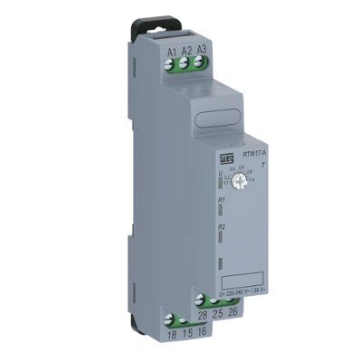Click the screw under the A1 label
coord(171,64)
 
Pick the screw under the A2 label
coord(186,64)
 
